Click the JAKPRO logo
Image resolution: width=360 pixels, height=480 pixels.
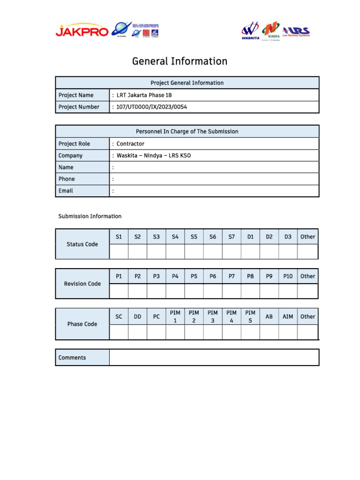coord(82,31)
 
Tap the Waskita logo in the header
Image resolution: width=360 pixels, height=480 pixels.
coord(250,30)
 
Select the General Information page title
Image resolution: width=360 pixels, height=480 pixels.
coord(180,61)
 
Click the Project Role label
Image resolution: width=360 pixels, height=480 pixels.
coord(74,144)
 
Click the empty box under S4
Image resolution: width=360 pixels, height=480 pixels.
coord(175,252)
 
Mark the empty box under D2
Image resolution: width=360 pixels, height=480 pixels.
coord(269,252)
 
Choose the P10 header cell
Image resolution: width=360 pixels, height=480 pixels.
coord(288,277)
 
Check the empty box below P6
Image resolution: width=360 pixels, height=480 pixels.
coord(213,291)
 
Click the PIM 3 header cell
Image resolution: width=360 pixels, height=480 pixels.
coord(213,316)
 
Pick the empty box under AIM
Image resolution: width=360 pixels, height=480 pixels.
coord(288,332)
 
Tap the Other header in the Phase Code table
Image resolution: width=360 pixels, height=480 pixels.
coord(307,316)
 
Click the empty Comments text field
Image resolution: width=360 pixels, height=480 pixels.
coord(214,358)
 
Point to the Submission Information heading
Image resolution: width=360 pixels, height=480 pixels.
coord(90,217)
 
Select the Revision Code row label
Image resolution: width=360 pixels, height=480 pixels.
coord(82,284)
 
